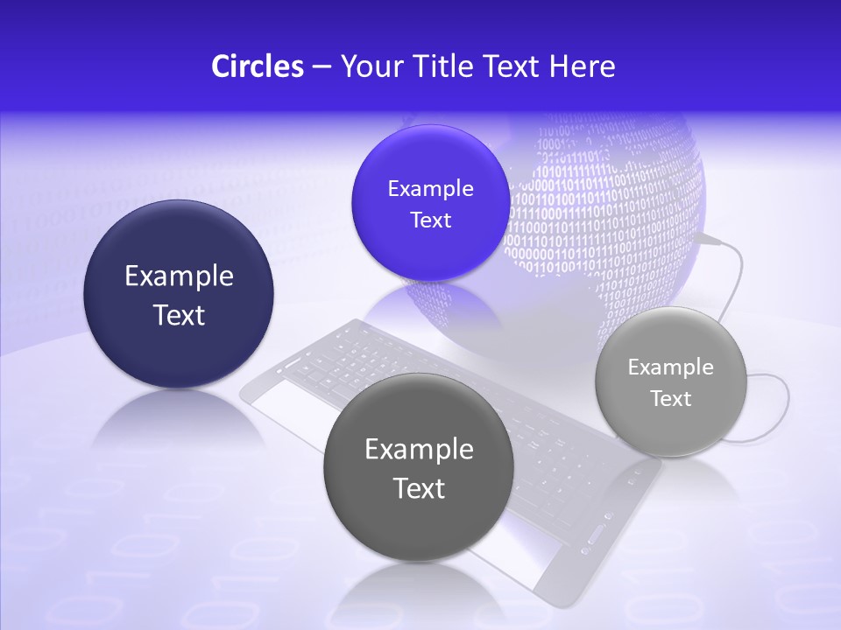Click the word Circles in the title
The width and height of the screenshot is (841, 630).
257,66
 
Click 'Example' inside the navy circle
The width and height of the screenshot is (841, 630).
179,276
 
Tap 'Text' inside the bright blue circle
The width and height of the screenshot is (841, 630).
430,220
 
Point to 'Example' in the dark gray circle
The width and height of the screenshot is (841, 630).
419,450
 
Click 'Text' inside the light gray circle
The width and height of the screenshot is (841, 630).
671,399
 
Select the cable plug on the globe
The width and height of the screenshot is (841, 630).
710,238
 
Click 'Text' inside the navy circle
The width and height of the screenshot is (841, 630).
179,315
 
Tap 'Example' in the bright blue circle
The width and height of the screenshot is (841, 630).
430,189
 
